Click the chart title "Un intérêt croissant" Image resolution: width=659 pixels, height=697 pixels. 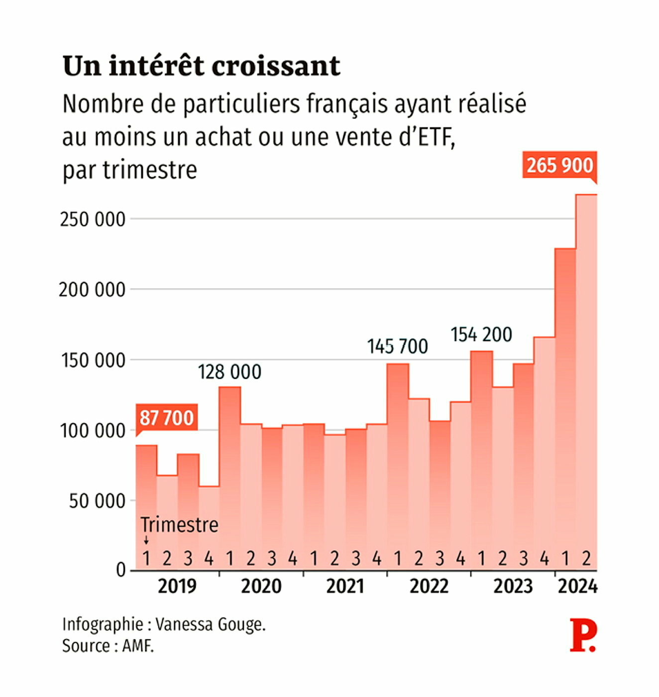[x=201, y=66]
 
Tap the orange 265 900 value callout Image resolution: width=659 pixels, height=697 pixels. [x=559, y=165]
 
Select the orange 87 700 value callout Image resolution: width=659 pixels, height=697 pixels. [x=166, y=418]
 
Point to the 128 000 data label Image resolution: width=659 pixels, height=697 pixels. [x=229, y=372]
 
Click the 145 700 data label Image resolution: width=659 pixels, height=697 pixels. [x=397, y=347]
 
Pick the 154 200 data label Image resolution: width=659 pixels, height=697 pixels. [x=481, y=335]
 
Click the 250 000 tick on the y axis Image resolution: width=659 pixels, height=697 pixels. [x=93, y=219]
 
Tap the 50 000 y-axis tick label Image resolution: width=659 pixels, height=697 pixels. [x=97, y=501]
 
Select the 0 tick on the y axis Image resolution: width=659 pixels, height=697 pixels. [x=121, y=570]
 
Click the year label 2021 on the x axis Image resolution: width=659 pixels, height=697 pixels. [x=345, y=586]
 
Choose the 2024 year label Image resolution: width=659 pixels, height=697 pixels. [x=577, y=586]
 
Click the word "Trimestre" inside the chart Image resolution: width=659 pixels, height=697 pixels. [x=179, y=525]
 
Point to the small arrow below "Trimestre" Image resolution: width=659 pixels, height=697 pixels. [x=146, y=541]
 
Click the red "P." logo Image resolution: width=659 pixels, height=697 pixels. [x=582, y=635]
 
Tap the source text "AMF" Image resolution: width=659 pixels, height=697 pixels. [x=138, y=646]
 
